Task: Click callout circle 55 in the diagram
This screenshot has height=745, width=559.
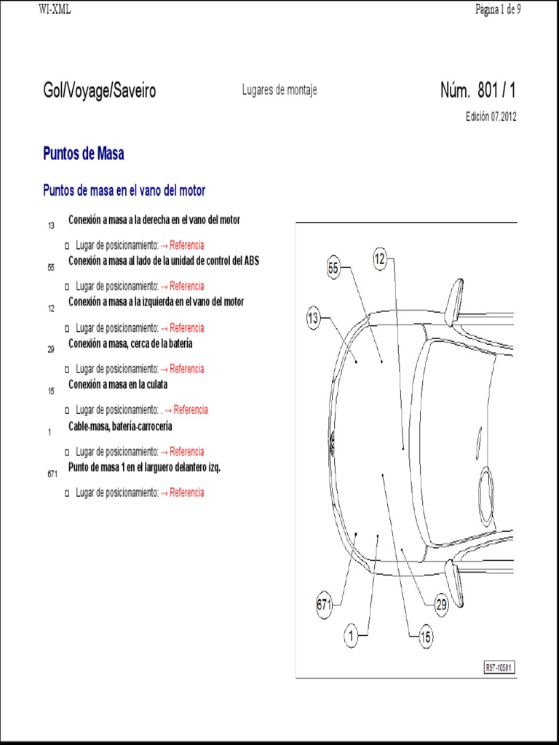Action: [x=333, y=268]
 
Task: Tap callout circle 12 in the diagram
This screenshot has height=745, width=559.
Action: [x=380, y=259]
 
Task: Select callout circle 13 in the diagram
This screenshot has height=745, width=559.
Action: [x=313, y=318]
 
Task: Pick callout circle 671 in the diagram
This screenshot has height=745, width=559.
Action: [x=324, y=604]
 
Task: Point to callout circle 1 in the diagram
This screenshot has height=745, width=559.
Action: [x=351, y=637]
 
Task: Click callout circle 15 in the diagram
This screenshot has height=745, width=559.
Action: [x=426, y=637]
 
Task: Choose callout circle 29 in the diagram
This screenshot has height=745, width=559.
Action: [x=441, y=604]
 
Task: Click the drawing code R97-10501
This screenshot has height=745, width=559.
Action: [x=499, y=667]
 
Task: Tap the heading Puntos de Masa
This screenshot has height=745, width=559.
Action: [x=83, y=154]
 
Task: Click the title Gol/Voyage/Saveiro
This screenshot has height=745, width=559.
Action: [x=99, y=91]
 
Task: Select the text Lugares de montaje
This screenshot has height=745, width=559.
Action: [x=279, y=90]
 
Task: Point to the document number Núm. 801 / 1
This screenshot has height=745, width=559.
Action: [x=477, y=91]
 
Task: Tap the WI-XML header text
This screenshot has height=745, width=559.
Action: [x=55, y=9]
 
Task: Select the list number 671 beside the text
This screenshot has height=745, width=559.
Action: [x=52, y=474]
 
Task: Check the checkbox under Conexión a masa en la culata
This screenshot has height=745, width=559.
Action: [x=67, y=410]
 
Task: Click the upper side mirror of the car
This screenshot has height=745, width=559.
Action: [x=456, y=300]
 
